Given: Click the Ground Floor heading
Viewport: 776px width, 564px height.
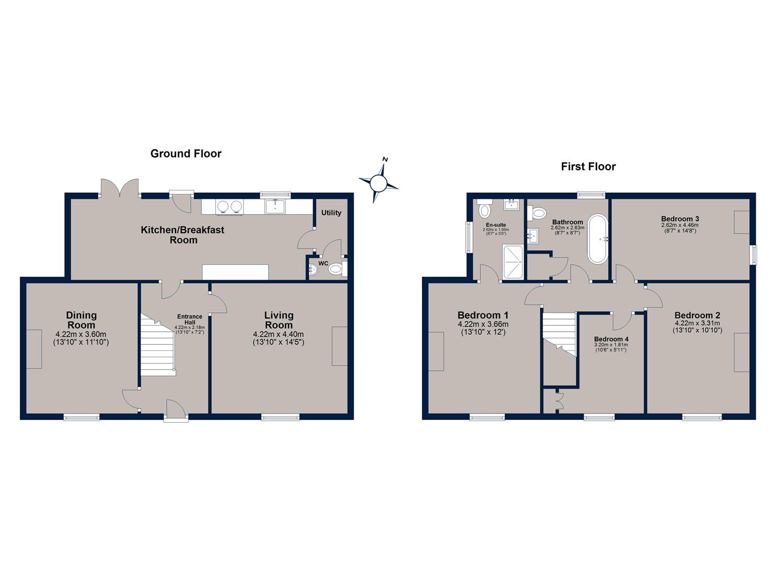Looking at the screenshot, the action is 186,154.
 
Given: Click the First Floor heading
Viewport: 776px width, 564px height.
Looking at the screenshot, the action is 588,167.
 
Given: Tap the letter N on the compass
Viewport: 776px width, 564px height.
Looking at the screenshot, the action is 385,159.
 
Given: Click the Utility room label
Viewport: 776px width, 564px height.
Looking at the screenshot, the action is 331,213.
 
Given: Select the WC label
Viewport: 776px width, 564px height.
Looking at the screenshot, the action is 323,264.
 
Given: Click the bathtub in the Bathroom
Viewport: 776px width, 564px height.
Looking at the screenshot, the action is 597,239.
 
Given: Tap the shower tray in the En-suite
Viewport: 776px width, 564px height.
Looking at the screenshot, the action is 513,262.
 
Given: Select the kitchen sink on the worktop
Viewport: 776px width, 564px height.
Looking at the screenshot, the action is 275,206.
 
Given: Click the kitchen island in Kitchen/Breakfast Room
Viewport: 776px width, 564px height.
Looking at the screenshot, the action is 235,272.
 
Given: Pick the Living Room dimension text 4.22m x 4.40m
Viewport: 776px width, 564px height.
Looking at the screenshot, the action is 279,334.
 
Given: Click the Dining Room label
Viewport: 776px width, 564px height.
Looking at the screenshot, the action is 81,320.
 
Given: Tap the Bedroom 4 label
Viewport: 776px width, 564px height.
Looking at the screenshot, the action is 611,339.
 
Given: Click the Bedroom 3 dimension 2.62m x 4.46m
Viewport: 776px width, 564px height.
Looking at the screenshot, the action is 680,225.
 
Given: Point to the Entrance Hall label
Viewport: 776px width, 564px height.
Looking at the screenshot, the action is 190,319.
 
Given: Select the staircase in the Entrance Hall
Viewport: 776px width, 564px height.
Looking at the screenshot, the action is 158,345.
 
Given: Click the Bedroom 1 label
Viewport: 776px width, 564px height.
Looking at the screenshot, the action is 483,315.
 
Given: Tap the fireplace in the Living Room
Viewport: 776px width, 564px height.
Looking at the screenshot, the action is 340,346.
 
